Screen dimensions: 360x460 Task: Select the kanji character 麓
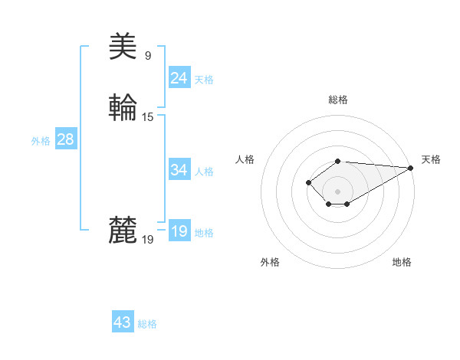click(x=123, y=231)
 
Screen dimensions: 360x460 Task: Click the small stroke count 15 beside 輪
click(x=148, y=117)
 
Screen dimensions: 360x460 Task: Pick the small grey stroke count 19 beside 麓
click(x=148, y=240)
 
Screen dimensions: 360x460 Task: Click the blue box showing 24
click(x=179, y=78)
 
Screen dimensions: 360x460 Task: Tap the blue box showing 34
click(x=179, y=170)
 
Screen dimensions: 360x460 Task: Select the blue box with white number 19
click(x=179, y=232)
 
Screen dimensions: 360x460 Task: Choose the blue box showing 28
click(x=65, y=139)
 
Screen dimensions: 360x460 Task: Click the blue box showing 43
click(x=123, y=322)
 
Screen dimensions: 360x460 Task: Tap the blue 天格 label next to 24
click(x=204, y=80)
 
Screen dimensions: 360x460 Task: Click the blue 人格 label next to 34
click(x=204, y=172)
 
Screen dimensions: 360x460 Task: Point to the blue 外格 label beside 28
click(x=41, y=141)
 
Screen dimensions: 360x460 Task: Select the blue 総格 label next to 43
click(x=147, y=324)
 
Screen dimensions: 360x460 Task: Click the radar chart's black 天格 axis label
click(x=431, y=159)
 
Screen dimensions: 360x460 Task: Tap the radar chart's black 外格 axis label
click(x=270, y=262)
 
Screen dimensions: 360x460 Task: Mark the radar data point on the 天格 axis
click(x=412, y=168)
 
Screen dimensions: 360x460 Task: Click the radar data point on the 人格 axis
click(x=308, y=182)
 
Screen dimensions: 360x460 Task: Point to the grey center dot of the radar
click(x=337, y=191)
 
